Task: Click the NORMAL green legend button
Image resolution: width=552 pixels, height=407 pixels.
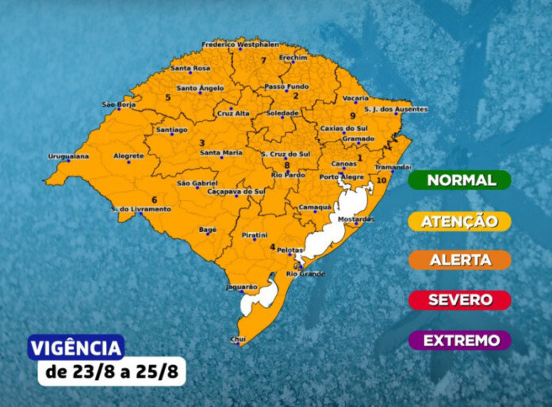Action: (460, 180)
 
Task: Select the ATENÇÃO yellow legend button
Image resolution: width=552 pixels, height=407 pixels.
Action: (460, 221)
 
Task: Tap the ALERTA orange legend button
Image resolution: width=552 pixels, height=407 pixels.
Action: (460, 260)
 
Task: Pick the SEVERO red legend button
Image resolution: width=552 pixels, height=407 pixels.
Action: (460, 300)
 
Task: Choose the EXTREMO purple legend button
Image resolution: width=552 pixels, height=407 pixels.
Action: (460, 340)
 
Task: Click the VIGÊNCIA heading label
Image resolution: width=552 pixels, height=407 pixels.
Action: (76, 348)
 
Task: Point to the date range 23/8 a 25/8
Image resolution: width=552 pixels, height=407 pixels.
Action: (111, 372)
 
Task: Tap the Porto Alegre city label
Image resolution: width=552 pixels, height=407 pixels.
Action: (339, 177)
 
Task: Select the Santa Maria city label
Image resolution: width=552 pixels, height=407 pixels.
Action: (220, 152)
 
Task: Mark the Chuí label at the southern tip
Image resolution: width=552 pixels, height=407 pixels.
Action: (237, 338)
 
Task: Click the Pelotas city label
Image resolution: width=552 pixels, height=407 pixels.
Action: (291, 250)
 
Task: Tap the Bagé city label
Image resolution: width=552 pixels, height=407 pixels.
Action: (207, 229)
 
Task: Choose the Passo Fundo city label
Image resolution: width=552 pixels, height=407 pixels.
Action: (286, 86)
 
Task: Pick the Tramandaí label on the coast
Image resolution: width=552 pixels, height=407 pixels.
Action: (393, 167)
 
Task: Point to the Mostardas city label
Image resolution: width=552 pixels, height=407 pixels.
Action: (355, 218)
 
